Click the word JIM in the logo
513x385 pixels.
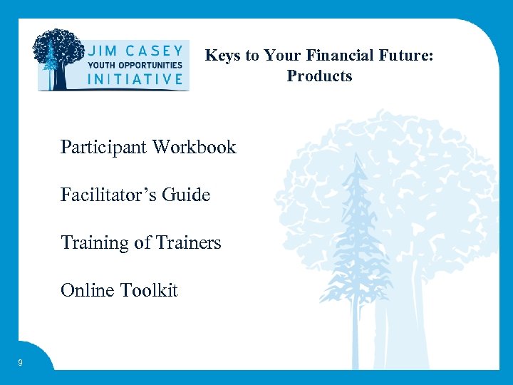pyautogui.click(x=105, y=52)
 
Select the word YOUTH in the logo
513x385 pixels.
pyautogui.click(x=101, y=65)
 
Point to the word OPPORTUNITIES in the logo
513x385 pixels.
pyautogui.click(x=150, y=65)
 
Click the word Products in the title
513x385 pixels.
pyautogui.click(x=319, y=76)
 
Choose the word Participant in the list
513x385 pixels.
pyautogui.click(x=103, y=148)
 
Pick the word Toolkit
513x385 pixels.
pyautogui.click(x=149, y=290)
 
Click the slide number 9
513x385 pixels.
pyautogui.click(x=20, y=364)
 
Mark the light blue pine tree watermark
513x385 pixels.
pyautogui.click(x=358, y=228)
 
